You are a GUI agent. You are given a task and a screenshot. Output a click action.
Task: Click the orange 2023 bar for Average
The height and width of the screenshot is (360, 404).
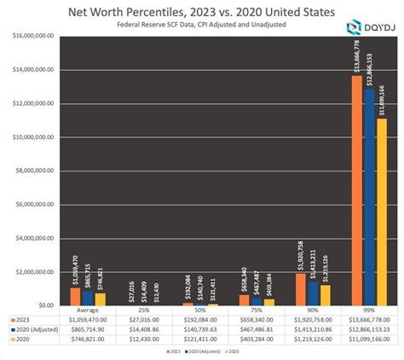[x=75, y=297]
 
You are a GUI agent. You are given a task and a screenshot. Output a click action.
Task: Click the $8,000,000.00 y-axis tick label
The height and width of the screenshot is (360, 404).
[x=31, y=171]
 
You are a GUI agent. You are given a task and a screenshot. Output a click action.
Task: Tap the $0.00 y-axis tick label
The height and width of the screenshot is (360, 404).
[x=41, y=305]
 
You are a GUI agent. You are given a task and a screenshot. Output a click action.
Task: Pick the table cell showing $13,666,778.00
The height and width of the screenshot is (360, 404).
[x=372, y=320]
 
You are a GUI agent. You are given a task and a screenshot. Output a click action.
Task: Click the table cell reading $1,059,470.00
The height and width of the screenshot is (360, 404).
[x=86, y=320]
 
